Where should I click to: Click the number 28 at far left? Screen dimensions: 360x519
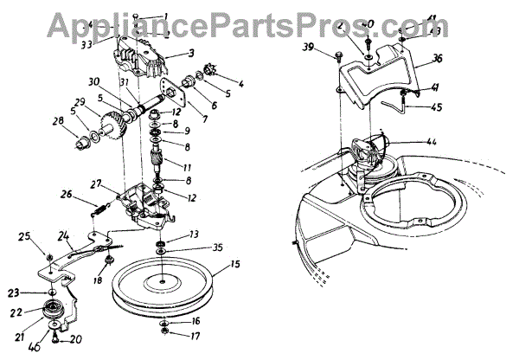(59, 133)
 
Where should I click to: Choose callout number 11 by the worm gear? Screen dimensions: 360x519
(188, 164)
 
